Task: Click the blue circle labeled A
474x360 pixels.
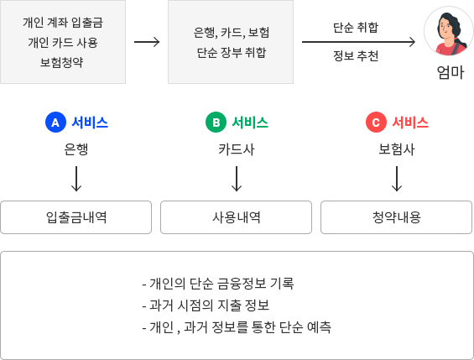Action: coord(55,123)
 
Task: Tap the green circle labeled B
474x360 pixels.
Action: coord(216,123)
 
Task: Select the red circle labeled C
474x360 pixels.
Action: coord(376,123)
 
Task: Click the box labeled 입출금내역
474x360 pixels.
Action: coord(76,217)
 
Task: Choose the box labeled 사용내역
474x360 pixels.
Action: coord(236,217)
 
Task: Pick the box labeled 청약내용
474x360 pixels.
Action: coord(396,217)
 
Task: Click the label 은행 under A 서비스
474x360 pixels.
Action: coord(76,149)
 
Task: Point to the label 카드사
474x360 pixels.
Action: coord(237,149)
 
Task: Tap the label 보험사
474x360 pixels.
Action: coord(397,149)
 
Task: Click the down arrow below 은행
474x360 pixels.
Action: coord(76,179)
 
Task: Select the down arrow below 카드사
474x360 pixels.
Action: coord(237,179)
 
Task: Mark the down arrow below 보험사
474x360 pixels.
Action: coord(397,179)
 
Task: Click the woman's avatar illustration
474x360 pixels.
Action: coord(449,31)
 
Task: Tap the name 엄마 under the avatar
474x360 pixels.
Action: coord(451,72)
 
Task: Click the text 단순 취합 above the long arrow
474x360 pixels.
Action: coord(356,27)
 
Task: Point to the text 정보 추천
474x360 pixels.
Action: coord(356,55)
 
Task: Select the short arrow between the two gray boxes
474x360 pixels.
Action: coord(147,42)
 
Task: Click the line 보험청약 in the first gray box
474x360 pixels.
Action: coord(62,62)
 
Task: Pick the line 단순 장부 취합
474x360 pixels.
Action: coord(232,52)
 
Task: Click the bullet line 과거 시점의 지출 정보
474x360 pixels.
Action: coord(206,305)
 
